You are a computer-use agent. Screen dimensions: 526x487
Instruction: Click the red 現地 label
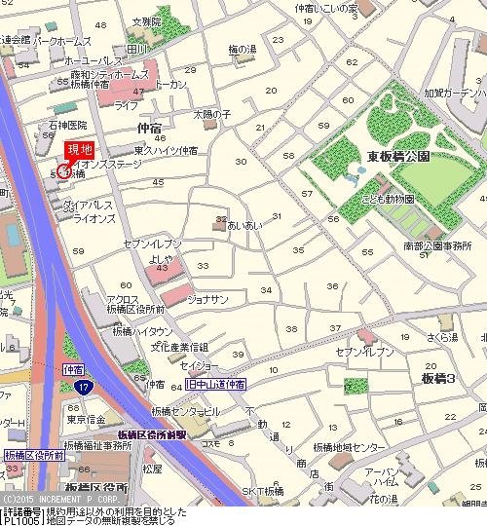click(79, 150)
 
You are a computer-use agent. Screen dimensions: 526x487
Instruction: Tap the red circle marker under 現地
click(64, 171)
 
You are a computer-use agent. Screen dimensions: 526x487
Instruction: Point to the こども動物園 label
click(390, 199)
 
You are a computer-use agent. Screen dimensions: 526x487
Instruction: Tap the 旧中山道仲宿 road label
click(215, 386)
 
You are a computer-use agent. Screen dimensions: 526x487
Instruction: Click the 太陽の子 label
click(211, 115)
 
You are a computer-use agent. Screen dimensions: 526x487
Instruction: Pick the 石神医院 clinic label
click(68, 126)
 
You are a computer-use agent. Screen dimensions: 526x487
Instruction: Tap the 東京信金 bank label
click(87, 420)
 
